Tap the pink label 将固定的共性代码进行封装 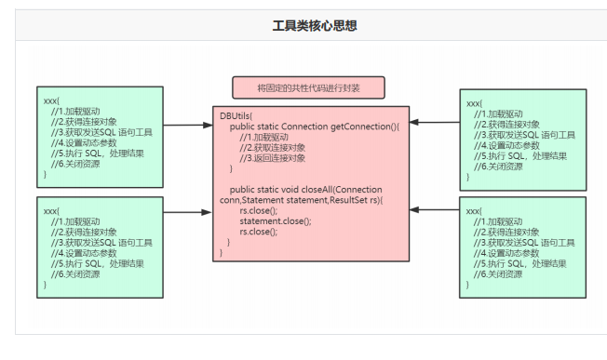click(x=308, y=88)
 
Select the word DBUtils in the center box click(x=236, y=115)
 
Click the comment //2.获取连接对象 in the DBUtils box click(x=272, y=147)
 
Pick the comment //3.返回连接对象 click(x=272, y=157)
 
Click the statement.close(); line click(x=276, y=220)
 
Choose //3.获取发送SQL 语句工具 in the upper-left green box click(x=101, y=131)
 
